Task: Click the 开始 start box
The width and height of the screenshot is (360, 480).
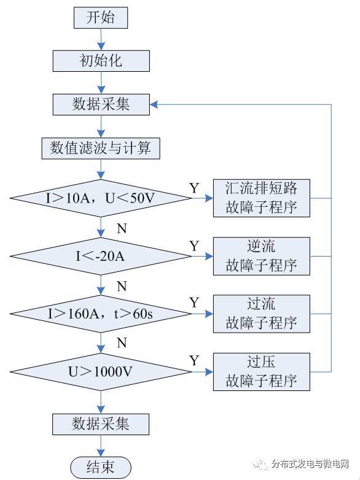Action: point(101,17)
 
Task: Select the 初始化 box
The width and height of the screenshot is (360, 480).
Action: point(101,61)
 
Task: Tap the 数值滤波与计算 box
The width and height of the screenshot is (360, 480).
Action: point(101,148)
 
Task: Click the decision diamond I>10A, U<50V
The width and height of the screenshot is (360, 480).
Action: point(101,198)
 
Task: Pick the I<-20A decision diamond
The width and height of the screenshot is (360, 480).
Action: point(101,256)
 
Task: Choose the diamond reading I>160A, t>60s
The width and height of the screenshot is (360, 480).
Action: point(101,313)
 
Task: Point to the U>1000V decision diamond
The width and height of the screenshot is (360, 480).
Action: point(101,371)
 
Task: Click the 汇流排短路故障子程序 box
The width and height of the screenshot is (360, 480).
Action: point(261,198)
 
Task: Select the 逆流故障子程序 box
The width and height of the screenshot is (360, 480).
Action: point(261,255)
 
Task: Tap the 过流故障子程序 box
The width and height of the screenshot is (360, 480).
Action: point(261,313)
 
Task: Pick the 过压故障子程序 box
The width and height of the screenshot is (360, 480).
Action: point(261,371)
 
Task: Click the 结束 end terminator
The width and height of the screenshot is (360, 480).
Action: point(101,466)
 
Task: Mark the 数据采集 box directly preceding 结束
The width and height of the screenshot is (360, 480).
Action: point(101,424)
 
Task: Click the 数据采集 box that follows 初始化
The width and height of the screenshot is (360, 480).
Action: point(101,104)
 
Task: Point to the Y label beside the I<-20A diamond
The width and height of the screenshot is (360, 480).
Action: point(194,246)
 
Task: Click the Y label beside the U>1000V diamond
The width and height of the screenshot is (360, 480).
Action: point(194,360)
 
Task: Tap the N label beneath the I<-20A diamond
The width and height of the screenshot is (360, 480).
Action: point(122,287)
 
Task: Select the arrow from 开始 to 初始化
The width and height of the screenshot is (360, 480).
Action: point(101,39)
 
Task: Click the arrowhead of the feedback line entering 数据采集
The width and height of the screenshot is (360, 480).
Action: point(154,104)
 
